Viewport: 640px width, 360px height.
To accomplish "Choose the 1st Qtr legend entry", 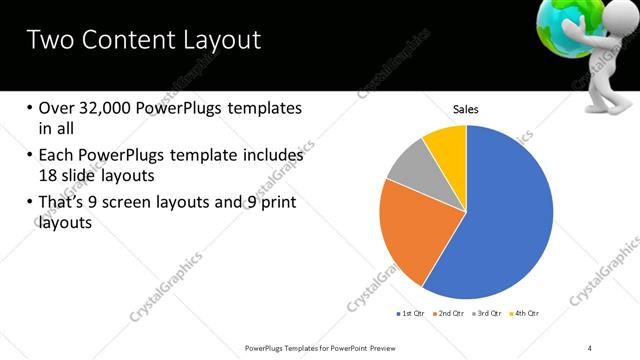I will click(410, 314).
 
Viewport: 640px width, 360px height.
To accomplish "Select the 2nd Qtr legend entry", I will click(450, 314).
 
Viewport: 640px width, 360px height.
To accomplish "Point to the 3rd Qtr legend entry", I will click(489, 314).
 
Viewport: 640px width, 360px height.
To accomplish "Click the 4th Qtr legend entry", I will click(527, 314).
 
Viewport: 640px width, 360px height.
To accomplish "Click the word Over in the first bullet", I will click(56, 108).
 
